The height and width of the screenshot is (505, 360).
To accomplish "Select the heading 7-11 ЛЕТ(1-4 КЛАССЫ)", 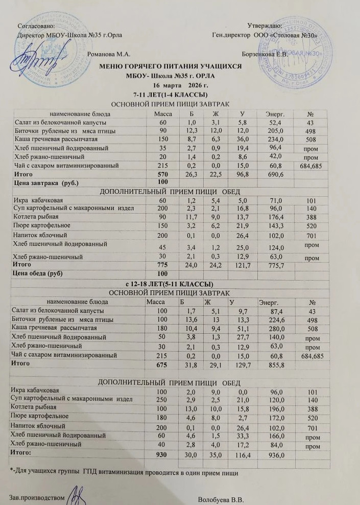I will tap(170, 95).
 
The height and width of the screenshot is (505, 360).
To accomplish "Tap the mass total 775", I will tap(162, 266).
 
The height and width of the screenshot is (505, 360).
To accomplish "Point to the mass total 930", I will tap(162, 454).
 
